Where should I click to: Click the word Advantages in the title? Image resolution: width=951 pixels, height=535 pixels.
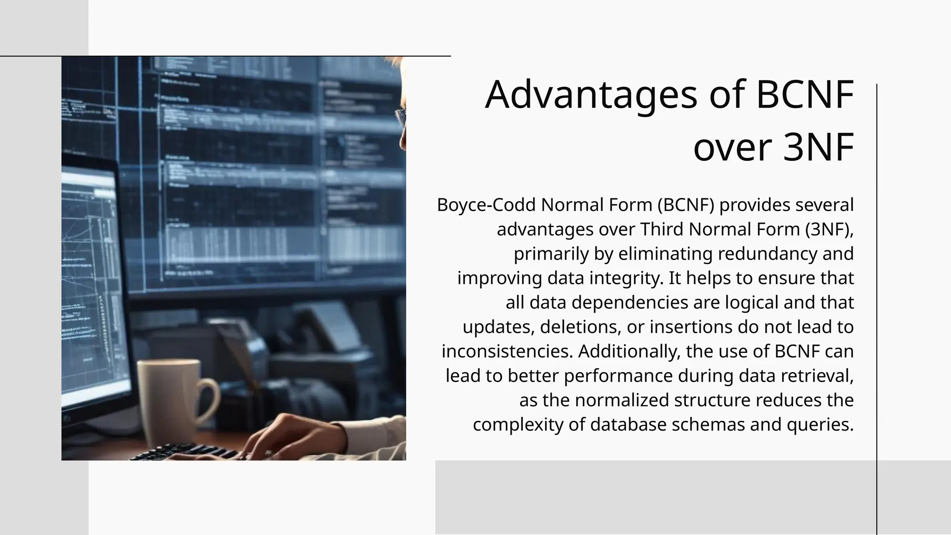tap(591, 95)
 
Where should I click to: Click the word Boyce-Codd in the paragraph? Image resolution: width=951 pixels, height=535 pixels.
tap(486, 205)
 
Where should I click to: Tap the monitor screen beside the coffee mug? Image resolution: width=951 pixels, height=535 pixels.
tap(93, 288)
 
